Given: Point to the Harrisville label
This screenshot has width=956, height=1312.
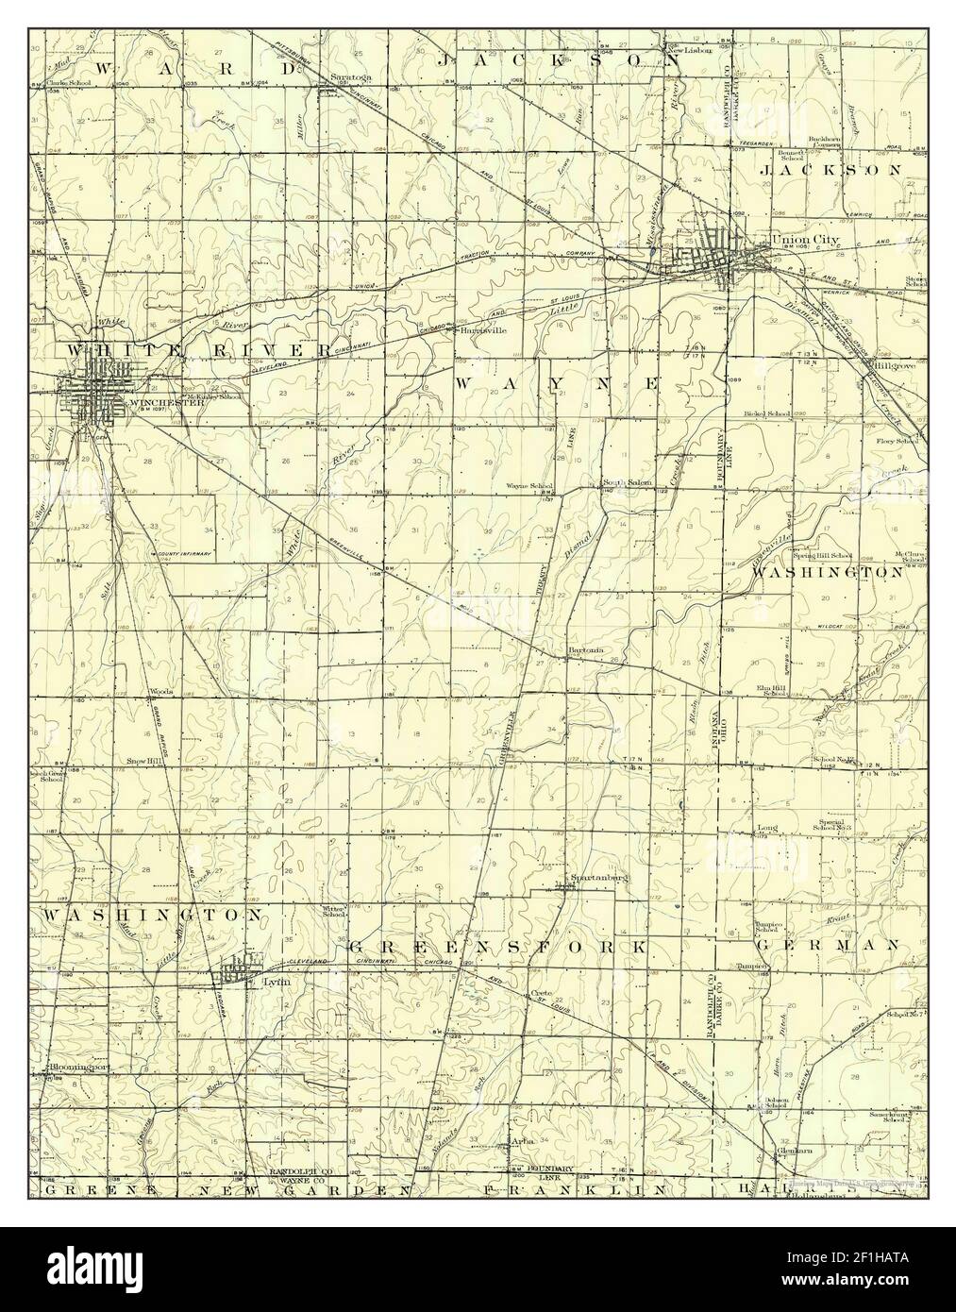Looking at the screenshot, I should tap(483, 331).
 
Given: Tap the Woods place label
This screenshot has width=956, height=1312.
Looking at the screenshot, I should tap(159, 692).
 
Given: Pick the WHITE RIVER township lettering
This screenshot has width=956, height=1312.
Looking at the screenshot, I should tap(198, 350).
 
